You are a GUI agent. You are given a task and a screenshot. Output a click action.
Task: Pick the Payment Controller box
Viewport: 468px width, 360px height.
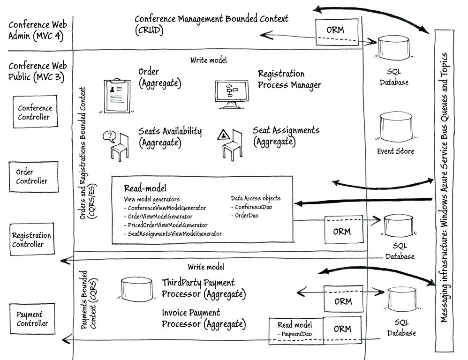[32, 319]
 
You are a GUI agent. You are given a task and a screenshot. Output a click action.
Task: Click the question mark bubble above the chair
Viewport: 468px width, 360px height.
[110, 137]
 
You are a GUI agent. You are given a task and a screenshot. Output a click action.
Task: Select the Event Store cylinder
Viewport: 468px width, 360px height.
[396, 126]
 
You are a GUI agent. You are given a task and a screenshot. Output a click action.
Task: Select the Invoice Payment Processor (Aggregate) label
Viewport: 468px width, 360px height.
[204, 318]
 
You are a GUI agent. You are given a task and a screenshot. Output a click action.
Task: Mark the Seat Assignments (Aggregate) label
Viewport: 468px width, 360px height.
[286, 135]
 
